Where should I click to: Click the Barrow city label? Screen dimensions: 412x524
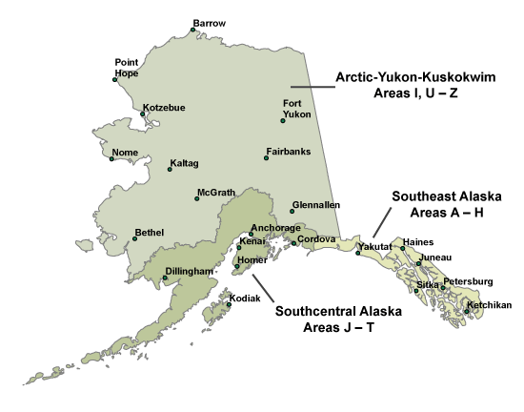point(209,23)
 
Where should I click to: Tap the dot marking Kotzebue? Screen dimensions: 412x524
point(143,113)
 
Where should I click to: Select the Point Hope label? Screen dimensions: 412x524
point(127,67)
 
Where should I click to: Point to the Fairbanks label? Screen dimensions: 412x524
point(289,151)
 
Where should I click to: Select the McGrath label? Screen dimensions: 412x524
point(216,193)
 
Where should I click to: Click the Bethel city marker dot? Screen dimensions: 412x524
point(135,238)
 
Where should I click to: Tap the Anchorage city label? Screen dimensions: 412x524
point(276,229)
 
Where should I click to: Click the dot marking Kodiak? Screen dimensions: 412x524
point(229,305)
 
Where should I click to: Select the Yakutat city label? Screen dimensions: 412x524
point(374,247)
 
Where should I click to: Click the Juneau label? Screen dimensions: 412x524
point(434,257)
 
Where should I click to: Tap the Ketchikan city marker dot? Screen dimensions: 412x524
point(468,311)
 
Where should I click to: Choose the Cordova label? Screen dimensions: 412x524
point(316,238)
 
